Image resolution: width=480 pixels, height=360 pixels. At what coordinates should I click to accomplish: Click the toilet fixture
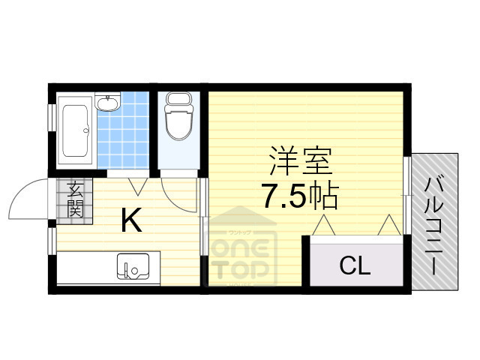point(178,120)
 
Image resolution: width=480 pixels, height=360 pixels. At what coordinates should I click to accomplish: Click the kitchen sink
point(132,265)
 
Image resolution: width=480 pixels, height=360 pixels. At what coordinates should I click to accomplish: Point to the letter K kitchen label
point(131,220)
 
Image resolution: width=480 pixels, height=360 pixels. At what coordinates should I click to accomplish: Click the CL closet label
point(354,265)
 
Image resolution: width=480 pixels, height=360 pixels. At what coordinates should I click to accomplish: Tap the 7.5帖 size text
point(299,196)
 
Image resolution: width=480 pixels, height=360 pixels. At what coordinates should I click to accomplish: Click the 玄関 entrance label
point(75,199)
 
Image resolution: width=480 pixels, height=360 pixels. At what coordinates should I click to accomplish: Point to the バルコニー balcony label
point(433,223)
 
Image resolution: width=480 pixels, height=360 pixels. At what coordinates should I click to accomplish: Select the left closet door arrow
point(323,224)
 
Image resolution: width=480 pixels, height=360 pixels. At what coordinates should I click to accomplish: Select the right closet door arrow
point(388,224)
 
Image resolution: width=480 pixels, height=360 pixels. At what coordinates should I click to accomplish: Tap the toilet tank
point(178,100)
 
